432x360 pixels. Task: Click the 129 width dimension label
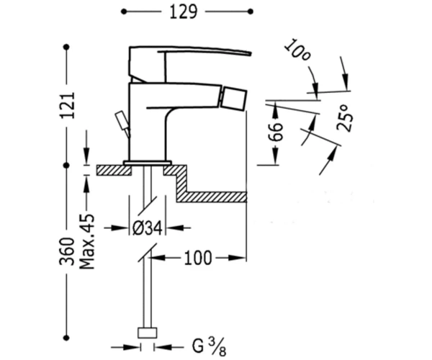[x=183, y=12]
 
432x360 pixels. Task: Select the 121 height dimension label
[x=68, y=106]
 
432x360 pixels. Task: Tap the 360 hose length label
[x=67, y=251]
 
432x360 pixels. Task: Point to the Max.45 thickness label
[x=87, y=241]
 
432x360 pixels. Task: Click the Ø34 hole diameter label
[x=147, y=228]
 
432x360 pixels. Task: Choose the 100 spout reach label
[x=198, y=258]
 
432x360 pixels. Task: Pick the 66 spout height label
[x=276, y=132]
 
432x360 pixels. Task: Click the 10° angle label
[x=297, y=50]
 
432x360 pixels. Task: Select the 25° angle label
[x=345, y=117]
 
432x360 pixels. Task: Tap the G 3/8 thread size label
[x=209, y=346]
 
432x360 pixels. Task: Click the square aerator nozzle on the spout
[x=235, y=98]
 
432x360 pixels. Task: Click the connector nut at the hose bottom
[x=148, y=333]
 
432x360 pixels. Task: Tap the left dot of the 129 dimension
[x=124, y=12]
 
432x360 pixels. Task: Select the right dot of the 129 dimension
[x=251, y=12]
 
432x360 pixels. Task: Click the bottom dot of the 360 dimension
[x=66, y=338]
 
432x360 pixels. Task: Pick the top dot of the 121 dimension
[x=66, y=47]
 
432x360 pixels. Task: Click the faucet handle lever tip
[x=250, y=53]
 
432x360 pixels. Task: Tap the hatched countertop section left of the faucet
[x=114, y=170]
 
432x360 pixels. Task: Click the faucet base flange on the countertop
[x=148, y=163]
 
